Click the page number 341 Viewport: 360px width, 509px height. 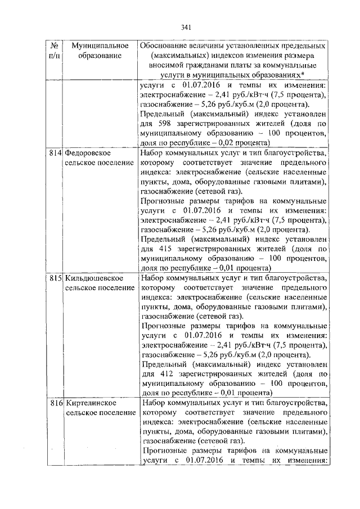pyautogui.click(x=187, y=26)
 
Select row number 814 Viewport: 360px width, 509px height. pyautogui.click(x=55, y=152)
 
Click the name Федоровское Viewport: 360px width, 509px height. pyautogui.click(x=88, y=152)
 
